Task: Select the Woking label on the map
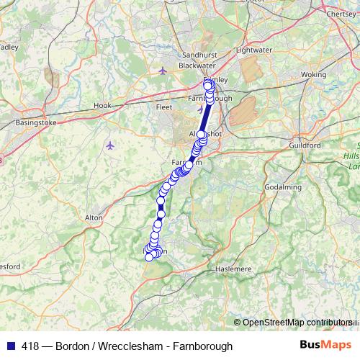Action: click(313, 74)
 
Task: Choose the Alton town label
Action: click(94, 217)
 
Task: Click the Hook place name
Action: click(102, 105)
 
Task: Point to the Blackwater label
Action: click(197, 65)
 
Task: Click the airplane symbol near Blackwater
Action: click(163, 71)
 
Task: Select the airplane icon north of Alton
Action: click(109, 146)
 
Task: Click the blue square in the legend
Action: click(11, 346)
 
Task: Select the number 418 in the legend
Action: click(31, 346)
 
